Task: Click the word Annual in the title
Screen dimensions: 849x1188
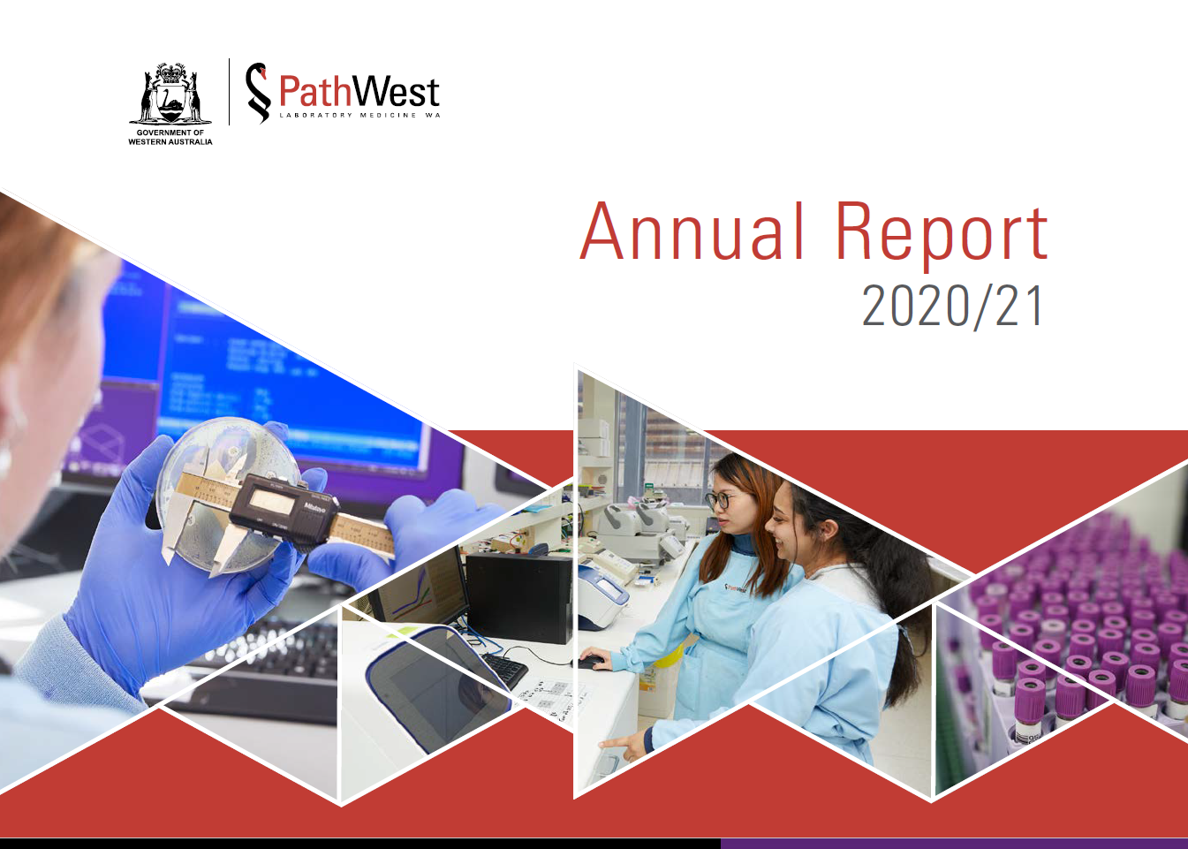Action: tap(692, 231)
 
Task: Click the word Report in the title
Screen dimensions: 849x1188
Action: tap(941, 233)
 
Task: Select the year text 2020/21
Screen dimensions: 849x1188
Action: tap(952, 307)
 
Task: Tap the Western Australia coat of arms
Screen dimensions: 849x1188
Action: tap(170, 95)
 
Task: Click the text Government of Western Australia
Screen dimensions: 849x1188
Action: tap(170, 137)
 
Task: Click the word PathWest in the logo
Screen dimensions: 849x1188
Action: tap(359, 92)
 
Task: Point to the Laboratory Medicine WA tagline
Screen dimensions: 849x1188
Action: tap(359, 116)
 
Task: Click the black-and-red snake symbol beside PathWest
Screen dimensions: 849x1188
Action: tap(257, 92)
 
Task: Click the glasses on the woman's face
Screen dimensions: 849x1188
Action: tap(720, 500)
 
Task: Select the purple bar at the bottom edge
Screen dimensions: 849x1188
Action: tap(954, 844)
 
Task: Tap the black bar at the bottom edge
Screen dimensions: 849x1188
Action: tap(353, 844)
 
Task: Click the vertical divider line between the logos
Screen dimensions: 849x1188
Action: tap(230, 92)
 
